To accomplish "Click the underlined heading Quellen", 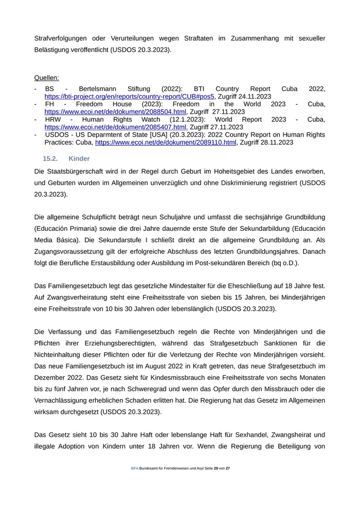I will click(46, 78).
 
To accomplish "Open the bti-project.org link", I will click(129, 96).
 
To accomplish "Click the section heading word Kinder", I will click(79, 159).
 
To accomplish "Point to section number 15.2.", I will click(50, 159).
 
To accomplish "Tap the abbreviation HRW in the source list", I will click(53, 119).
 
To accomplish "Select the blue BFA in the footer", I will click(135, 483).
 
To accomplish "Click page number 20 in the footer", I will click(216, 483).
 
